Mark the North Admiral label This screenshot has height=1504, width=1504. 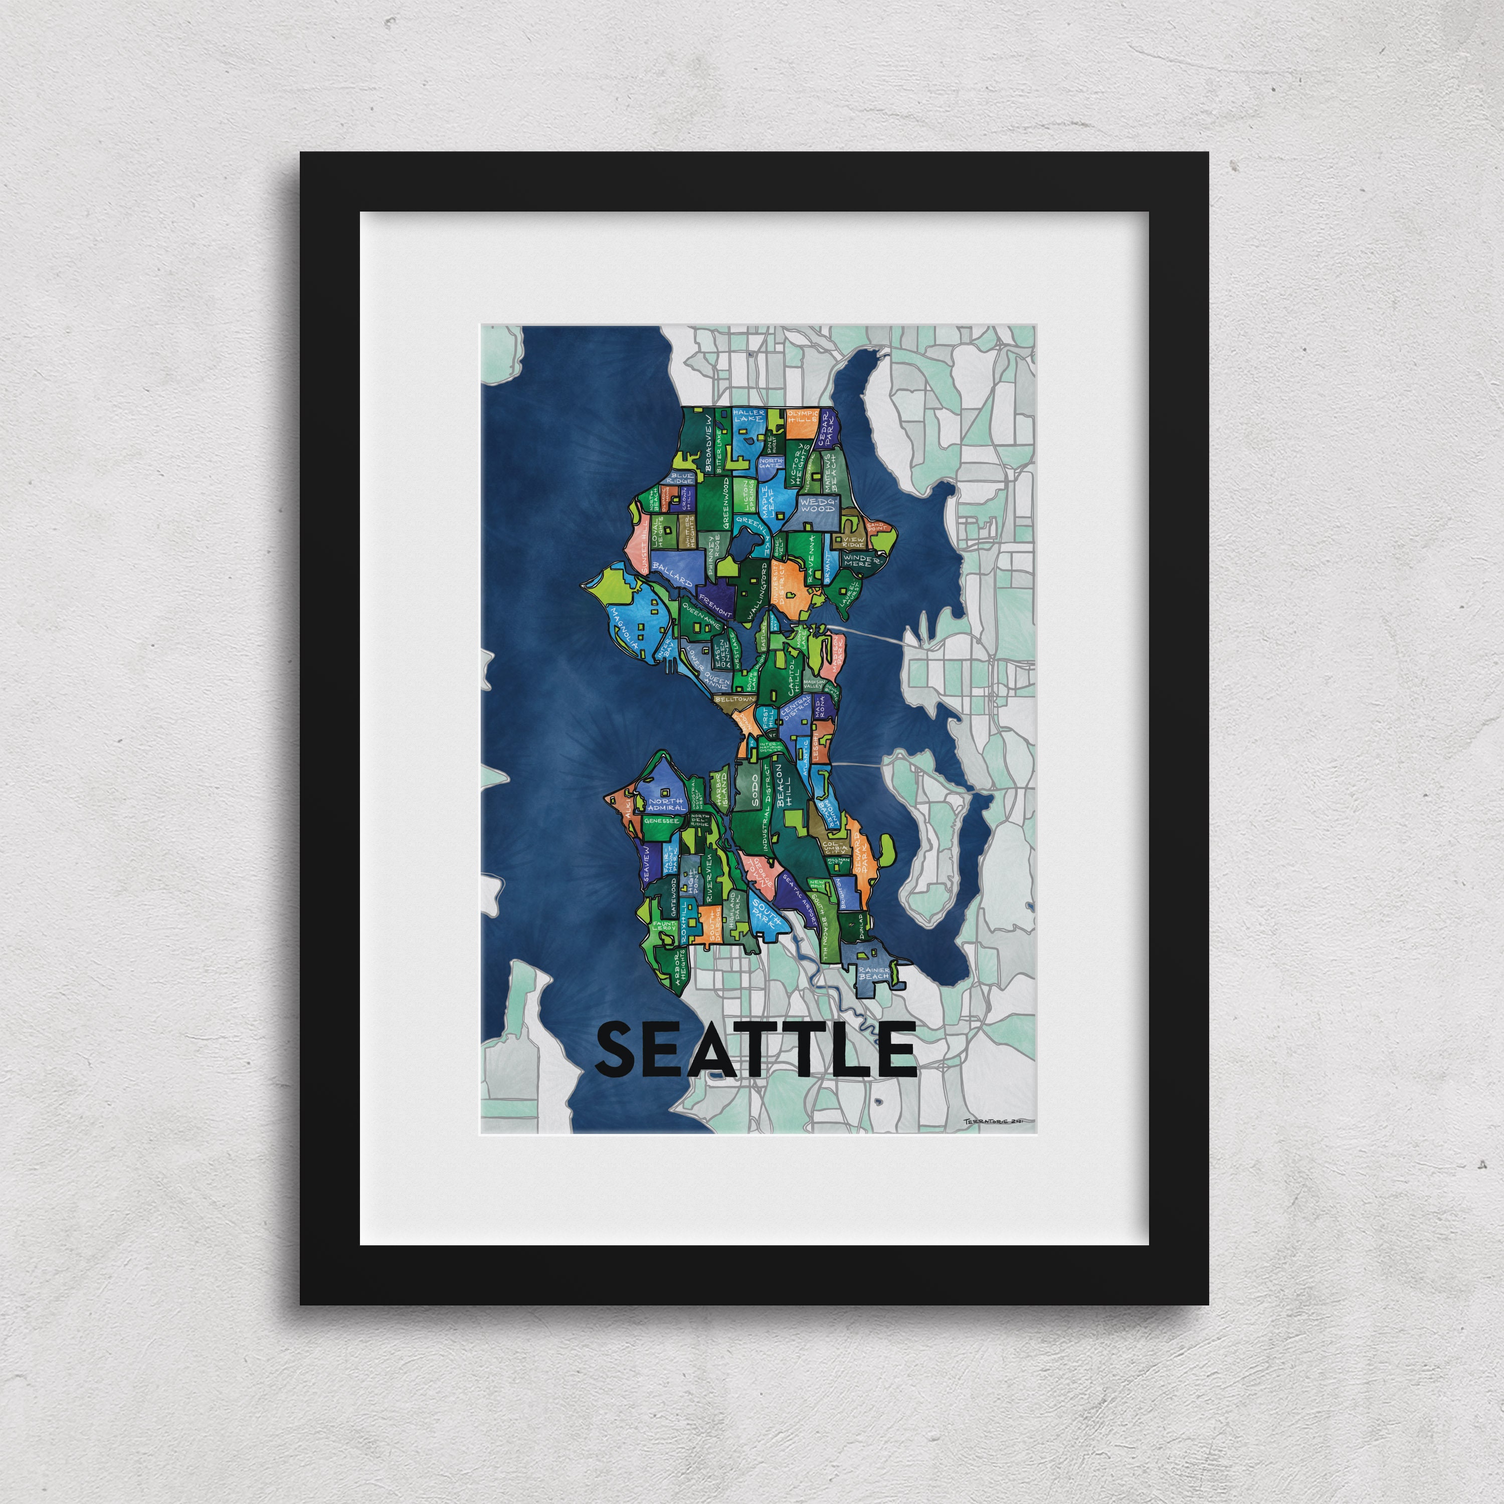[666, 804]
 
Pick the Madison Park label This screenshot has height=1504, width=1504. [835, 648]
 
